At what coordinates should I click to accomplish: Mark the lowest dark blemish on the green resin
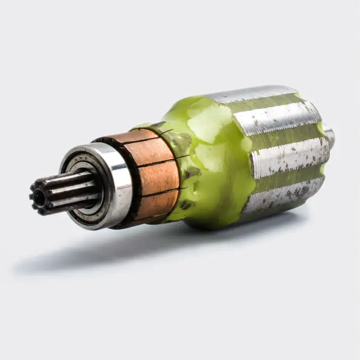click(187, 204)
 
